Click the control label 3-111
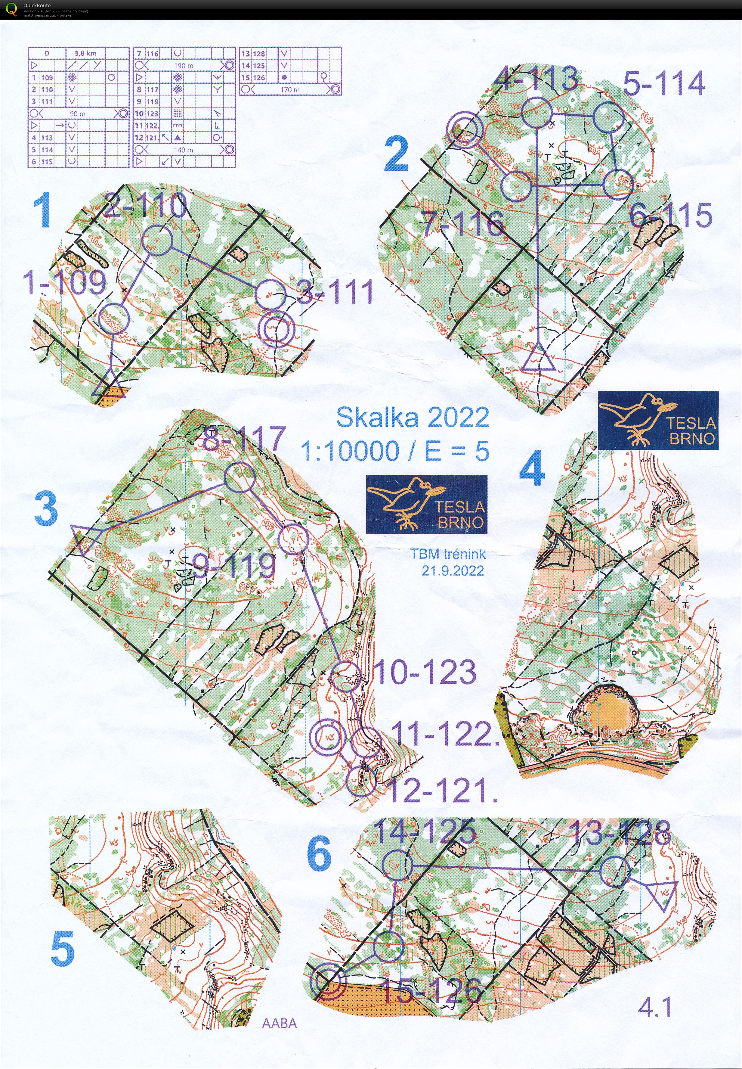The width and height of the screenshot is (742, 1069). pos(335,292)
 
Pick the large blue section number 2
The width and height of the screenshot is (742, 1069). pos(397,156)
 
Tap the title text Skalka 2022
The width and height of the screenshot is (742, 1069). pos(413,417)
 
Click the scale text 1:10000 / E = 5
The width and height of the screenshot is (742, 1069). pos(395,450)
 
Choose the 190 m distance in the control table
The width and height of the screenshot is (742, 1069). pos(183,66)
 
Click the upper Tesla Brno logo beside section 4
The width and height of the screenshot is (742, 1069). pos(658,420)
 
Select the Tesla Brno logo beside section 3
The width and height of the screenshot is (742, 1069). pos(426,504)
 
